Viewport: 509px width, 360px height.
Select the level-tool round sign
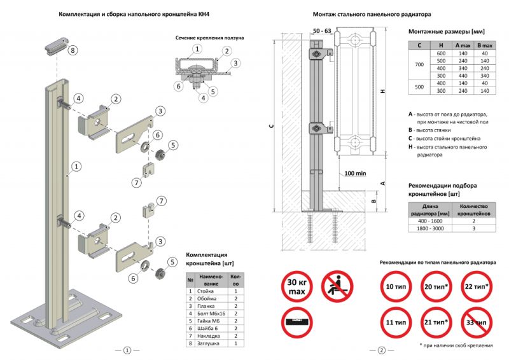click(x=296, y=325)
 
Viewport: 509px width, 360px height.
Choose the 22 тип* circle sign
click(x=477, y=286)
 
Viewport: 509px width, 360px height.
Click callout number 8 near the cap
click(x=73, y=50)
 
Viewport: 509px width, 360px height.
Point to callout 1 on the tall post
click(x=76, y=167)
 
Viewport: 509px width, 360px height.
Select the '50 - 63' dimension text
click(x=323, y=31)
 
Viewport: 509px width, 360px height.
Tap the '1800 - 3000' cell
click(x=431, y=228)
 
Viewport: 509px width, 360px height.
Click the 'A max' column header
click(x=462, y=45)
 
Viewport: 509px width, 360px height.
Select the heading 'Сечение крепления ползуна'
click(x=210, y=38)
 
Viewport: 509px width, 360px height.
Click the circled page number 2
click(x=381, y=350)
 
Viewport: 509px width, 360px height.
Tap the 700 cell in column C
click(x=419, y=66)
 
